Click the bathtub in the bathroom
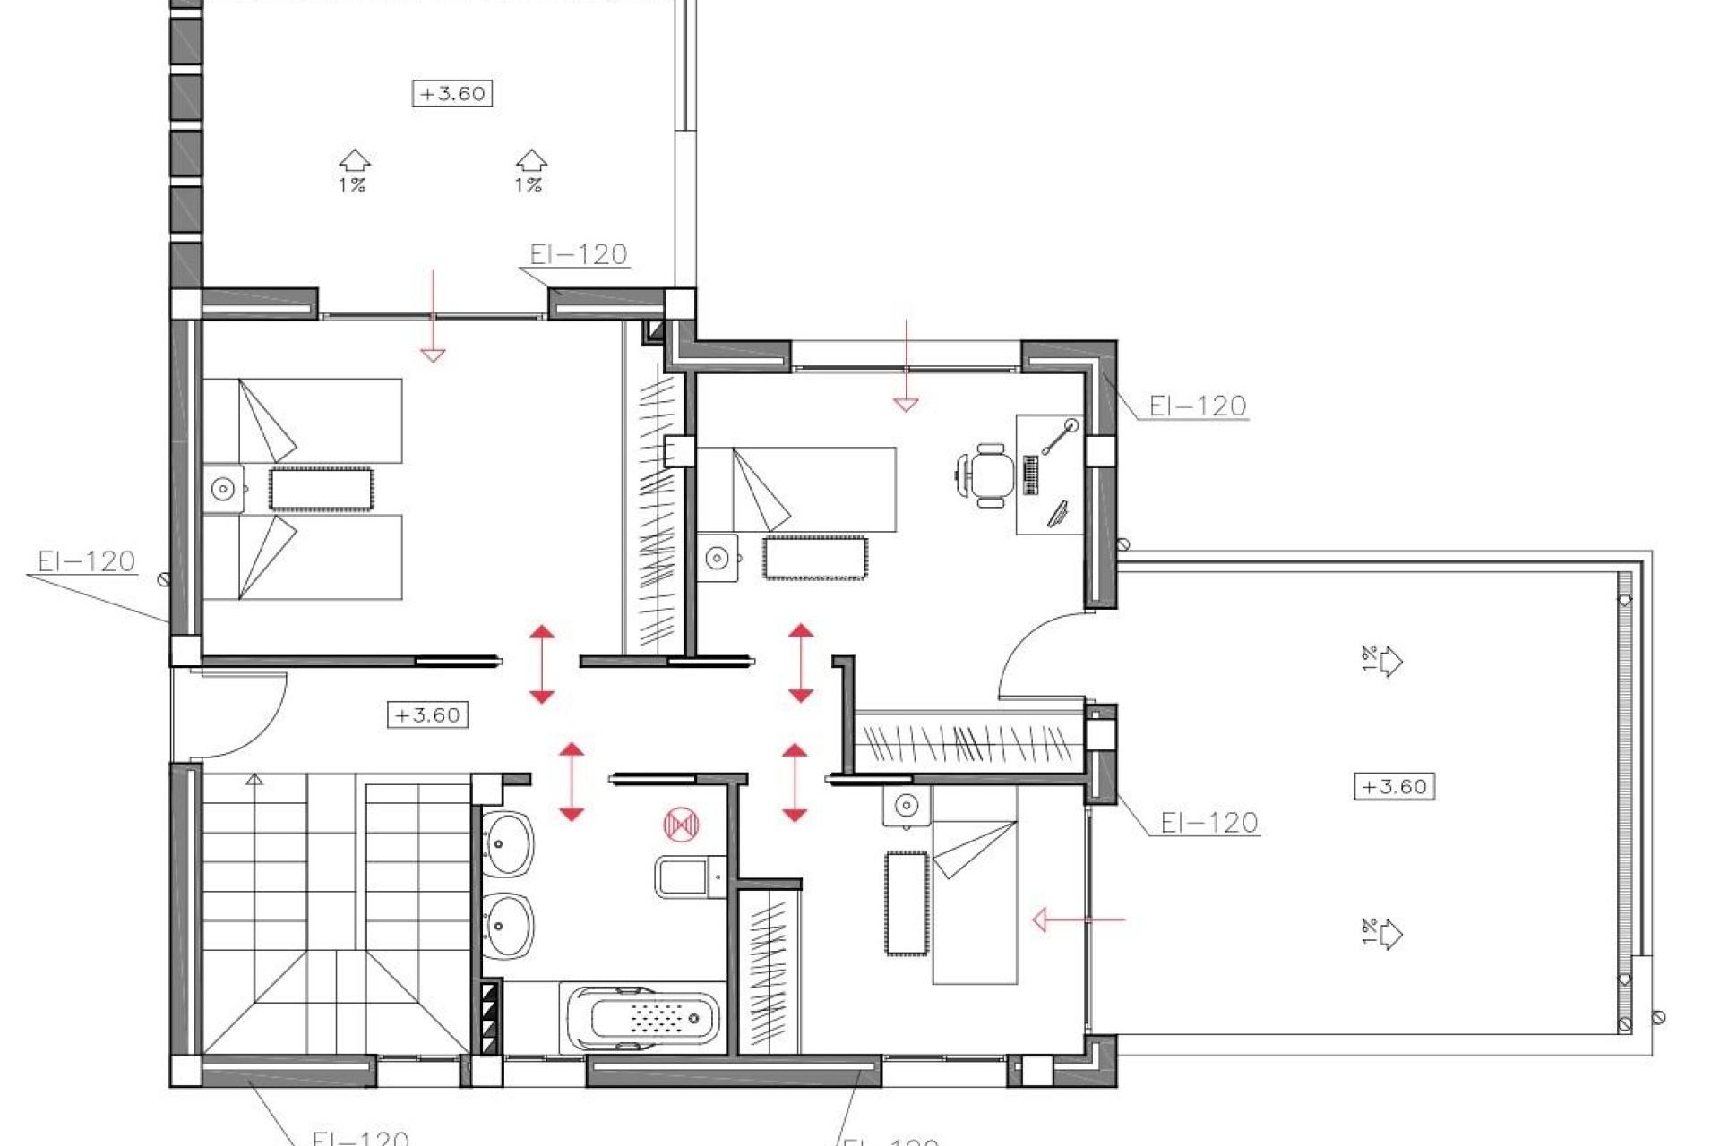coord(641,1018)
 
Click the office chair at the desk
coord(988,475)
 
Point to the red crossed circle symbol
coord(681,824)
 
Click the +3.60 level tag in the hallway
coord(427,715)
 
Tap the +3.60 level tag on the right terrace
coord(1394,787)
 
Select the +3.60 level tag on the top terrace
coord(452,93)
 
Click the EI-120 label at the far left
coord(86,561)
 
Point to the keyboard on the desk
coord(1030,475)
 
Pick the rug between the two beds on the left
coord(321,490)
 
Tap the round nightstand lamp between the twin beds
coord(223,489)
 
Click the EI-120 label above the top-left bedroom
coord(578,255)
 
